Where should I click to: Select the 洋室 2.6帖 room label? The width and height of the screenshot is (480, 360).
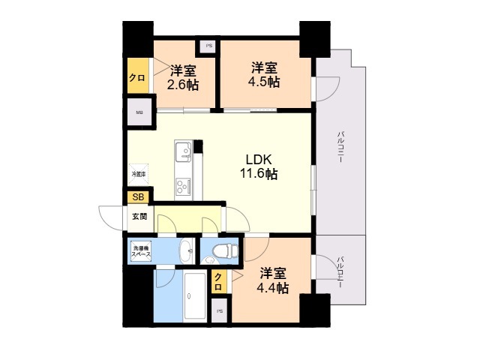coord(184,78)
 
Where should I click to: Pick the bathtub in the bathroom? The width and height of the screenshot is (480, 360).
coord(193,296)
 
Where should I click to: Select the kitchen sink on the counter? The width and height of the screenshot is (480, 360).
coord(183,152)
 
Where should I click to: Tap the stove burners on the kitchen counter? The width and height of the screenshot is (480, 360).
coord(183,184)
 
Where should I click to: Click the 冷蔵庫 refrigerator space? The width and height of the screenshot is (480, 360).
coord(139,175)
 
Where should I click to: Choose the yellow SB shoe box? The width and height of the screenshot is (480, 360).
coord(137,197)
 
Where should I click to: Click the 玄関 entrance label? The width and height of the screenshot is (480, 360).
coord(139,217)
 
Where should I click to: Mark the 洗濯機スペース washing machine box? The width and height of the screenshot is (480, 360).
coord(141,251)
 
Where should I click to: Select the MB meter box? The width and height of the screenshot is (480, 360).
coord(139,113)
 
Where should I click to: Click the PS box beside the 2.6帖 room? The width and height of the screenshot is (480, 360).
coord(207,46)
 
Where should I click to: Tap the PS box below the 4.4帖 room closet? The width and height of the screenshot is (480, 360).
coord(220,310)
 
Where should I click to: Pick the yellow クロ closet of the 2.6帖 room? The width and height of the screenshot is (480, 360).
coord(137,77)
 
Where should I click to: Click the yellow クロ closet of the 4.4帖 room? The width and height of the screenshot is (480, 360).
coord(218,283)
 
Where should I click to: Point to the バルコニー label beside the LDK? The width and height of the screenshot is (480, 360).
coord(340,147)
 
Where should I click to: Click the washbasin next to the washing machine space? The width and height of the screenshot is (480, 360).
coord(184,250)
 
